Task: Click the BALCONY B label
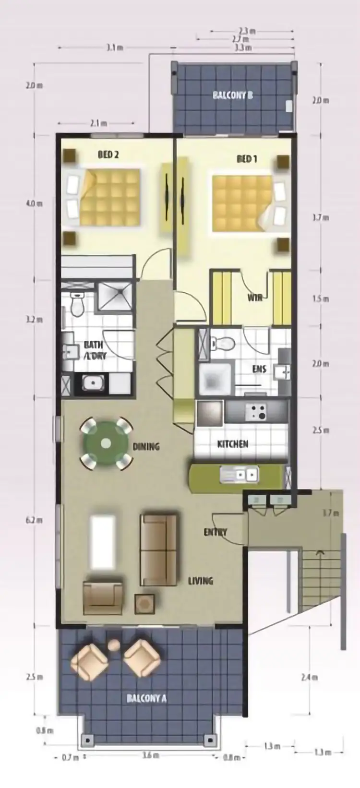click(x=233, y=95)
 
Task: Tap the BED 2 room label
click(x=108, y=155)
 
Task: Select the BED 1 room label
click(x=247, y=158)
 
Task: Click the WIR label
click(x=254, y=298)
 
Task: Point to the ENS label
click(x=259, y=370)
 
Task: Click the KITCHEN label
click(x=233, y=443)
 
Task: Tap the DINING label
click(x=146, y=446)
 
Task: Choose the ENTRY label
click(x=215, y=532)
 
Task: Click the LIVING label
click(x=200, y=581)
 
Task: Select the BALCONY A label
click(x=146, y=698)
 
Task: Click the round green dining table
click(x=106, y=443)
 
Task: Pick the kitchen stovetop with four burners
click(x=256, y=412)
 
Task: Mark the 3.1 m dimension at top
click(x=115, y=48)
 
